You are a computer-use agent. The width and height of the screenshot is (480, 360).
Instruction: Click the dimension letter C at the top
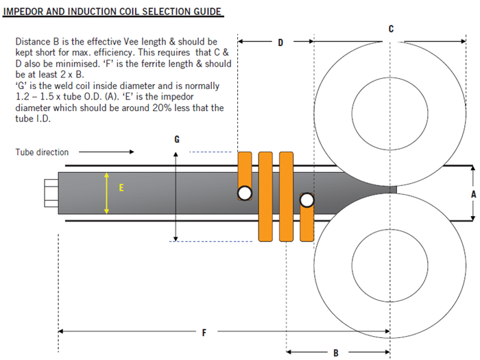(391, 28)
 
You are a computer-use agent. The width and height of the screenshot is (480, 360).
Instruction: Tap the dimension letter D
(280, 43)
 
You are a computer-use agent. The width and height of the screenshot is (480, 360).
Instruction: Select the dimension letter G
(177, 139)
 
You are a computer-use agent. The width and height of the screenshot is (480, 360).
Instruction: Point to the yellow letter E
(122, 187)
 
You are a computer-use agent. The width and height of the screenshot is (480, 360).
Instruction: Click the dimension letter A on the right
(472, 194)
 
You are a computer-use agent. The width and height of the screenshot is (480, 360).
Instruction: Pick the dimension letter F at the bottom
(204, 333)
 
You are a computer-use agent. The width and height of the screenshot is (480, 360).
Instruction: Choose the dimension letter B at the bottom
(336, 353)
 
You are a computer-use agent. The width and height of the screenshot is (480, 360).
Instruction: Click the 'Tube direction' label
(42, 152)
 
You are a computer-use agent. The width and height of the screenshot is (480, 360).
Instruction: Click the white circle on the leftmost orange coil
(245, 193)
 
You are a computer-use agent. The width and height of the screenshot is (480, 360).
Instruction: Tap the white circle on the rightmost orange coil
(307, 200)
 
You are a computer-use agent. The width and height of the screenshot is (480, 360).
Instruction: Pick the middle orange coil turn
(266, 196)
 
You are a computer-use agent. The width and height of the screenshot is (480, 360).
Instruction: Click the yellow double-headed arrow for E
(107, 193)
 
